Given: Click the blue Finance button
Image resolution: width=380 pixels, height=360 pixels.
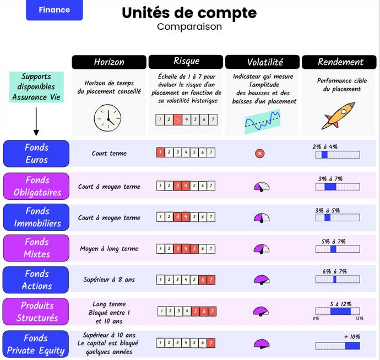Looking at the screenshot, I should coord(55,10).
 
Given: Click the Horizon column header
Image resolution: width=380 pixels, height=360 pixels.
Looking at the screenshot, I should coord(109,62).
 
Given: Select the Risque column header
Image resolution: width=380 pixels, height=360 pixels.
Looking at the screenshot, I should coord(186,62).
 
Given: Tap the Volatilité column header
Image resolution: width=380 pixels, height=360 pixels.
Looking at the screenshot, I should coord(262,62).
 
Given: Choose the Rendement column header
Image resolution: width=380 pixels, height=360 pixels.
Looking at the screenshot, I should coord(340,62).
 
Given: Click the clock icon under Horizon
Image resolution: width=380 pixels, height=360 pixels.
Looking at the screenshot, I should coord(107,117).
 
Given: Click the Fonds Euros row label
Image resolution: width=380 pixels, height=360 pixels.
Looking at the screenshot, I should coord(36,154).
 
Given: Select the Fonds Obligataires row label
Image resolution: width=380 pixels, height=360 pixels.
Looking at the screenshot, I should coord(36,186).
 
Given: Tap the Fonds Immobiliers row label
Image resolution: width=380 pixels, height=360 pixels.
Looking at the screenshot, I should coord(36,217).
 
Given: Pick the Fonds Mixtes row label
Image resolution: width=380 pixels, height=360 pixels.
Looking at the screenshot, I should coord(36,248).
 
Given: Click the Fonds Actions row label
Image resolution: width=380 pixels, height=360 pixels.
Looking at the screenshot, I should coord(36,280).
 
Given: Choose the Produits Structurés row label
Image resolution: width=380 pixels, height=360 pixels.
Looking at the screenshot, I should coord(36,312).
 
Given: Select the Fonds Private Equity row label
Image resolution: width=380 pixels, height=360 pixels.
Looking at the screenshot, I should coord(36,344).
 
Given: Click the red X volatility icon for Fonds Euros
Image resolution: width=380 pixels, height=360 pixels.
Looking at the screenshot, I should coord(260,154).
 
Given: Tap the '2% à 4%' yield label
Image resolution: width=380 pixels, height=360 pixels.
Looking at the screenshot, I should coord(324,147).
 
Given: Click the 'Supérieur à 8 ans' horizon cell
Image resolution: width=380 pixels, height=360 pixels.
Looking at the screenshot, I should coord(109,280).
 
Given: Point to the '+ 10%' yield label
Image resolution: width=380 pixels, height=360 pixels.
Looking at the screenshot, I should coord(351,336).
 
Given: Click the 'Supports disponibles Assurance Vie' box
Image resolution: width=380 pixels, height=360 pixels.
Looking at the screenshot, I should coord(36,87).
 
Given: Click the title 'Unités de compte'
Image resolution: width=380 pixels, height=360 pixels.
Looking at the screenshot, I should coord(189,13).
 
